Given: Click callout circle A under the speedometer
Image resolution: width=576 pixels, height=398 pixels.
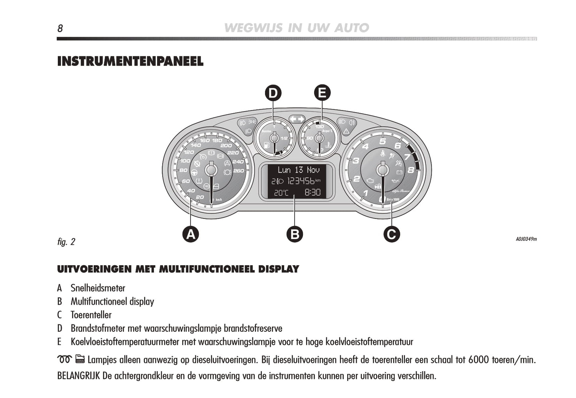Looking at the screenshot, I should (191, 234).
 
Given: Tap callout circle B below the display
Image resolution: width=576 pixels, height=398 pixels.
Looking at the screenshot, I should (295, 234).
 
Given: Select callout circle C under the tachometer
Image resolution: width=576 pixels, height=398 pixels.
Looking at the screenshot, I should (391, 234).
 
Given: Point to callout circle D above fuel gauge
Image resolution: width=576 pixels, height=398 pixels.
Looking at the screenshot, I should (273, 93).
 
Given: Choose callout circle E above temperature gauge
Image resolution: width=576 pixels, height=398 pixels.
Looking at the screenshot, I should (322, 93).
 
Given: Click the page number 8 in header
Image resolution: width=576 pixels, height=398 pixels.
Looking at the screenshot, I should (60, 28).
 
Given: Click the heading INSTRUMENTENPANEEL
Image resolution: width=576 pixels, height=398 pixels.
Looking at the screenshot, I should (130, 61).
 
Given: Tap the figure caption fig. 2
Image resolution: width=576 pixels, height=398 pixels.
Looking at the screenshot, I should (66, 242).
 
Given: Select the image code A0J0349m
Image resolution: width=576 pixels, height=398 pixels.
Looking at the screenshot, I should (526, 239).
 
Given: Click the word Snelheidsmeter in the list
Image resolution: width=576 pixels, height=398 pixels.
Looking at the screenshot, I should (98, 288).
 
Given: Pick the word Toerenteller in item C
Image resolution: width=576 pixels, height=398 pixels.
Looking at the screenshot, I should (91, 315).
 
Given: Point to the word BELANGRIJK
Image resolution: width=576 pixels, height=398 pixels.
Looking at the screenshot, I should (79, 376).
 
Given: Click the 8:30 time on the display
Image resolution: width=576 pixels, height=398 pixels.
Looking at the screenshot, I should (313, 193).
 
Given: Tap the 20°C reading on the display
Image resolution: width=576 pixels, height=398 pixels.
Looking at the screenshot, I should (281, 193).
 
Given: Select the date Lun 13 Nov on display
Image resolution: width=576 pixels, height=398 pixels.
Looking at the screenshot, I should (299, 170).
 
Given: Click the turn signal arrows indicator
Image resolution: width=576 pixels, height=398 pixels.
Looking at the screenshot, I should (297, 119).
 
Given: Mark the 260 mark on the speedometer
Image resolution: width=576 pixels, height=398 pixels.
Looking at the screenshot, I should (238, 171).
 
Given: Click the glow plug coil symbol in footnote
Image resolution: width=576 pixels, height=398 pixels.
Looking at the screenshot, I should (64, 359).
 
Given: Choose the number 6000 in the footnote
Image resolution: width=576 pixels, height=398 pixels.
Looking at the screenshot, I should (478, 360).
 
